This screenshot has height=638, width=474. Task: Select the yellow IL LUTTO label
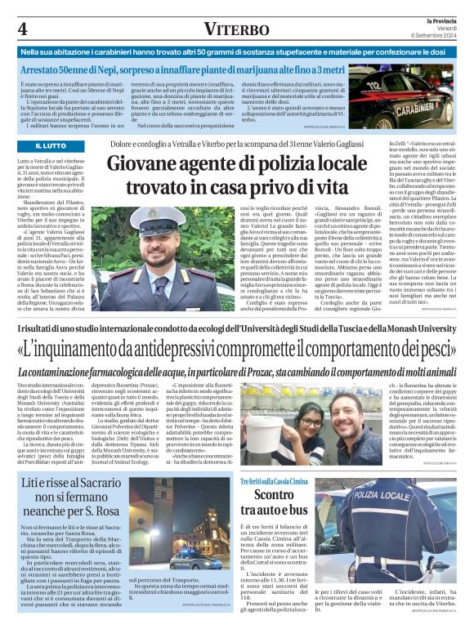(51, 145)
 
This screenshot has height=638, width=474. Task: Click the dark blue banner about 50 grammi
(237, 51)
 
